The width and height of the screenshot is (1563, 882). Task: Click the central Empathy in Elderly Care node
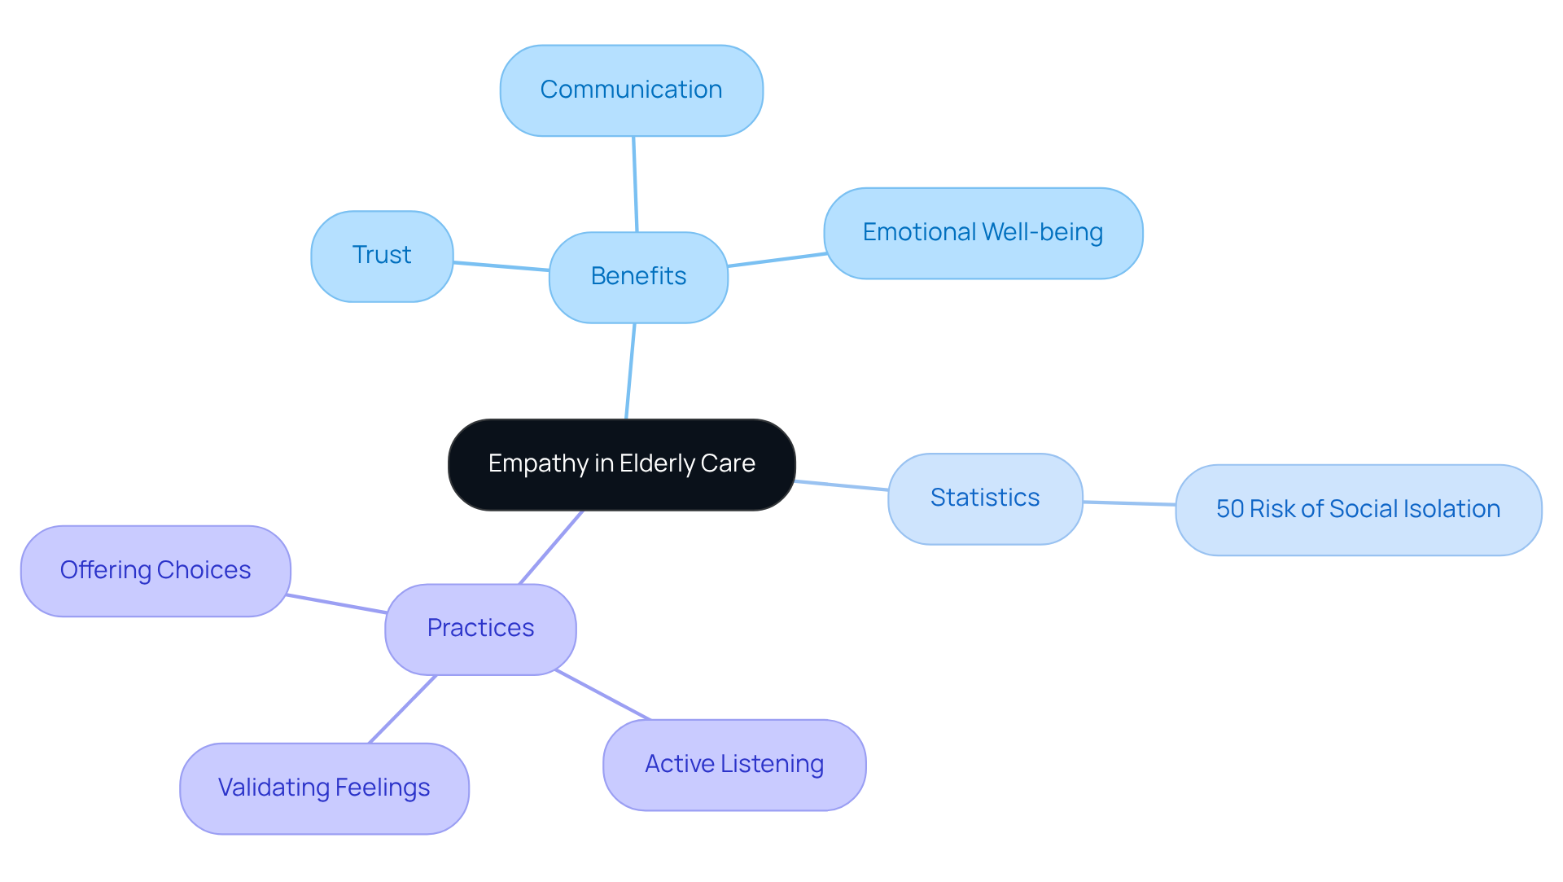pos(621,464)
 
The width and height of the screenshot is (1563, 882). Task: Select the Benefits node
pos(638,277)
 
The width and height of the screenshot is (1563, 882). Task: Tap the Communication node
pos(631,90)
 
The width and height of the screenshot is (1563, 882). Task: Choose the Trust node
pos(382,256)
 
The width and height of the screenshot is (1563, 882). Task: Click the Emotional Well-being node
pos(983,233)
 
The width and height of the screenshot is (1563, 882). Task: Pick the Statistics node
pos(985,498)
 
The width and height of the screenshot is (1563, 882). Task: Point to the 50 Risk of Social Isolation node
pos(1358,510)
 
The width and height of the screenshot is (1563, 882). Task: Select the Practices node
pos(480,629)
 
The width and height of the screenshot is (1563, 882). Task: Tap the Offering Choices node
pos(155,570)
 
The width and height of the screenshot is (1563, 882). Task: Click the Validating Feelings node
pos(324,788)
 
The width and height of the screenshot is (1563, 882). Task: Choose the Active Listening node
pos(734,764)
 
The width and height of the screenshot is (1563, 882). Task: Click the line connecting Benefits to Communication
pos(635,184)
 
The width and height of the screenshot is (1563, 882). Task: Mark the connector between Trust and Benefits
pos(501,266)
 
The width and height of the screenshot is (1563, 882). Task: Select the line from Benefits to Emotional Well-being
pos(777,260)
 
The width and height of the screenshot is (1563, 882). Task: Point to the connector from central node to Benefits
pos(630,371)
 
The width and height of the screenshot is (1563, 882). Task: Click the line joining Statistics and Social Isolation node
pos(1129,503)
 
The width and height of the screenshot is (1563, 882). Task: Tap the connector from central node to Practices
pos(551,547)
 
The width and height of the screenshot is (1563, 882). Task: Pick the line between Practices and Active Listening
pos(602,696)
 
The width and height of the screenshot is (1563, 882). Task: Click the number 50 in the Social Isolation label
pos(1229,509)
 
